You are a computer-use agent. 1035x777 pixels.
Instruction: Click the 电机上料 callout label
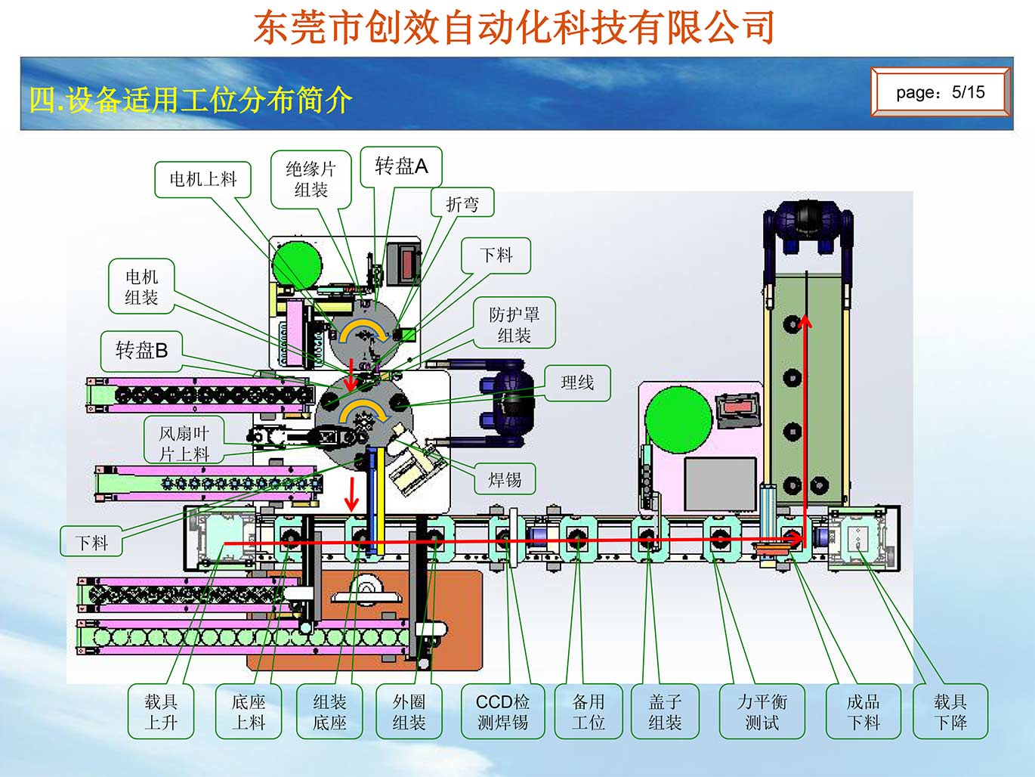point(202,179)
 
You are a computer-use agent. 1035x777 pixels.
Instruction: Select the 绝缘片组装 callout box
point(310,179)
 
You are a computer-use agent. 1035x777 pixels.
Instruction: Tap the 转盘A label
point(401,166)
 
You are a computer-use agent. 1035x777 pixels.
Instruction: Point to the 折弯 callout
point(462,204)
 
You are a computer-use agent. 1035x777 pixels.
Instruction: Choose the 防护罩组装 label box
point(514,324)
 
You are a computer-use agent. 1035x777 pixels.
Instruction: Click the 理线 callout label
point(577,382)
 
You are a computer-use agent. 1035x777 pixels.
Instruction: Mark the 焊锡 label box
point(505,479)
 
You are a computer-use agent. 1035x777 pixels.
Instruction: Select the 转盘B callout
point(141,350)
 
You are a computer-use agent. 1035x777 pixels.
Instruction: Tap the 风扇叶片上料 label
point(184,443)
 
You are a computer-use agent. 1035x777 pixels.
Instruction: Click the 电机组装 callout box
point(141,287)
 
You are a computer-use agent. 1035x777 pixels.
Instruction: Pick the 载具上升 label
point(161,712)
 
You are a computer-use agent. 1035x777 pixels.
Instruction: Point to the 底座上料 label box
point(248,712)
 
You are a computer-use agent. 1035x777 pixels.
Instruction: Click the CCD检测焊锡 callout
point(502,712)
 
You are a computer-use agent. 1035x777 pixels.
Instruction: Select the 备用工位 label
point(589,712)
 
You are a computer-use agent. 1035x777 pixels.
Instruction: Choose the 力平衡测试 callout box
point(762,712)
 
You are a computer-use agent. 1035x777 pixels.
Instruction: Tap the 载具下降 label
point(950,712)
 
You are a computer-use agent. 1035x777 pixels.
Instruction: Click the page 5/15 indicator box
point(940,92)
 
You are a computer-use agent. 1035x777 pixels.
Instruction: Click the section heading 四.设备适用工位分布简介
point(190,100)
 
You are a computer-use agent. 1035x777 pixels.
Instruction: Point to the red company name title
point(514,27)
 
